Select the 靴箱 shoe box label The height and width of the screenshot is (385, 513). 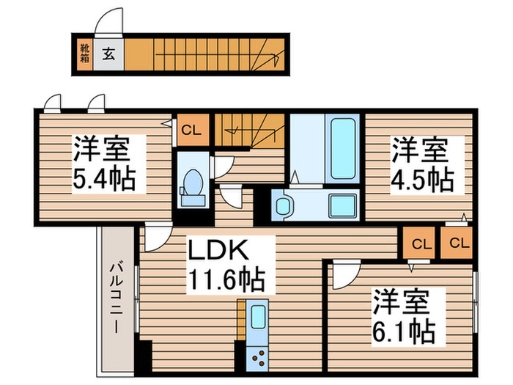(84, 54)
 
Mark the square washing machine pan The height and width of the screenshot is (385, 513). (342, 206)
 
